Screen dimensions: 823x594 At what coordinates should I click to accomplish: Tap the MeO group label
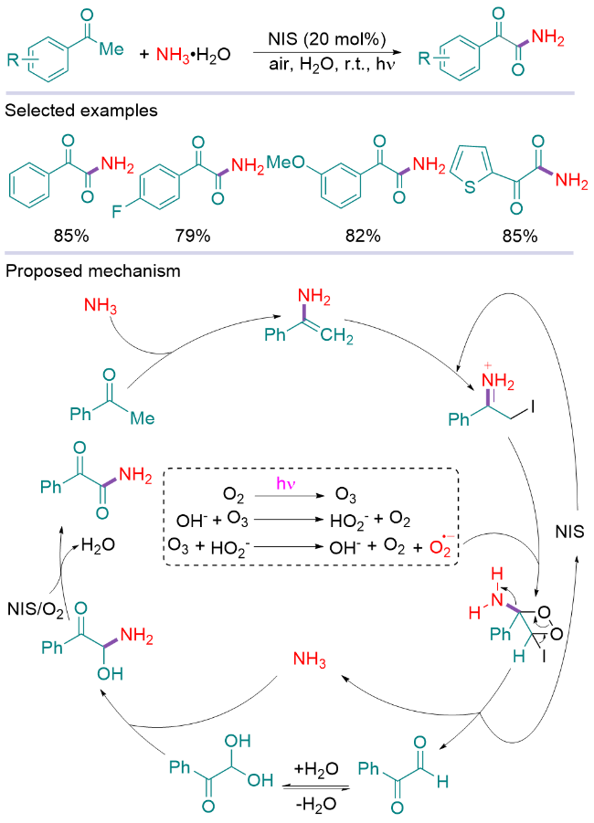click(285, 162)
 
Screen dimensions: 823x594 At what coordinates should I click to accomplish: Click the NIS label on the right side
click(572, 530)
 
